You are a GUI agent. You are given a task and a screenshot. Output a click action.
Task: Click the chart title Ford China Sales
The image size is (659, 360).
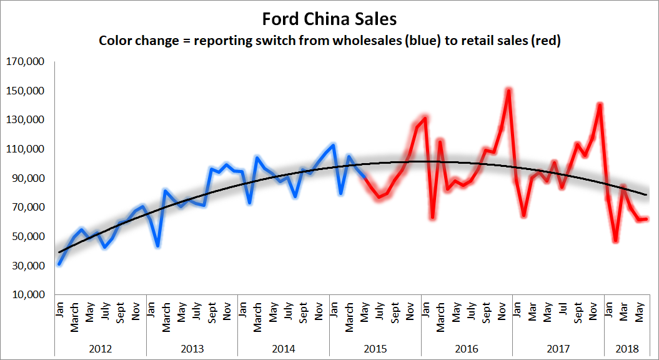(329, 19)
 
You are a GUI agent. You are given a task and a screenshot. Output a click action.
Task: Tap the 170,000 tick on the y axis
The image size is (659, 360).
(25, 62)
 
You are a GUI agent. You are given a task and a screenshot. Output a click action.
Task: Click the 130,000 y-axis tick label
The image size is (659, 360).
(25, 120)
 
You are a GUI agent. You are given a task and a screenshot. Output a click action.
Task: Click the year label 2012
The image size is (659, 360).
(101, 349)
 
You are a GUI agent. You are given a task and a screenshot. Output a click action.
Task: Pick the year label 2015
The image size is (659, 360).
(375, 349)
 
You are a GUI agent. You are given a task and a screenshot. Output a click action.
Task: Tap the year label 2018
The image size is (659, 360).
(627, 349)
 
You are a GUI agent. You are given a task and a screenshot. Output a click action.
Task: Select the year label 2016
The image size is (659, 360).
(467, 349)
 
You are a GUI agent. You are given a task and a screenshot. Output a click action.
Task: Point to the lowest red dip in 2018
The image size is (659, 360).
(616, 241)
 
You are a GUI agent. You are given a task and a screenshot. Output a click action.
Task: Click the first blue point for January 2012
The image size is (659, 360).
(59, 264)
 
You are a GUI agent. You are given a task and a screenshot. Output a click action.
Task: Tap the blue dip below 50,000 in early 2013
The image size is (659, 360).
(158, 246)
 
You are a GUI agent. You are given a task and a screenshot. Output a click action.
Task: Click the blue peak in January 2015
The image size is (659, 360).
(334, 144)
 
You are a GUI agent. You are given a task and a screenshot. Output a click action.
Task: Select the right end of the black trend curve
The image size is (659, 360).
(646, 194)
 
